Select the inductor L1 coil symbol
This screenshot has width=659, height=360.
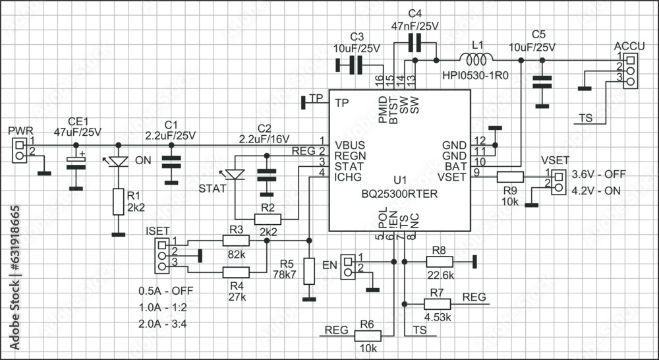pyautogui.click(x=479, y=60)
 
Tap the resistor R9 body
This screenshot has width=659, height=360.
pyautogui.click(x=510, y=176)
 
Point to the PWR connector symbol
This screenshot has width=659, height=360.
pyautogui.click(x=20, y=150)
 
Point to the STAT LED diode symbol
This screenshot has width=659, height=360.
pyautogui.click(x=235, y=175)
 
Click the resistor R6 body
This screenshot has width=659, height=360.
pyautogui.click(x=368, y=336)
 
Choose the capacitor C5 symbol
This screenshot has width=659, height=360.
pyautogui.click(x=542, y=83)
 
